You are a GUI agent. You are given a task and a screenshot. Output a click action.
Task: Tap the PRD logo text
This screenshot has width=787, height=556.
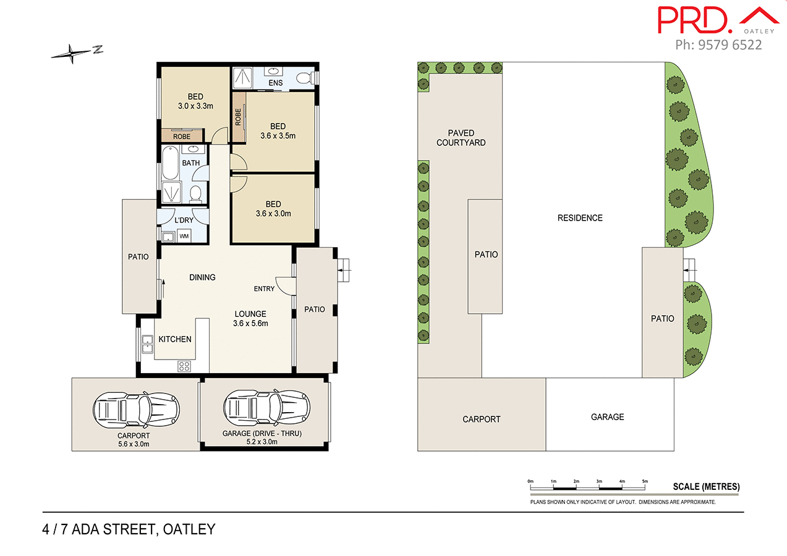pyautogui.click(x=691, y=20)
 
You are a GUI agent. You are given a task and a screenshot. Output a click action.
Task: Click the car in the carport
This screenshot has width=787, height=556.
pyautogui.click(x=137, y=408)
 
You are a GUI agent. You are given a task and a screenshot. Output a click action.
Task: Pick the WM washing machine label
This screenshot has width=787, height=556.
pyautogui.click(x=184, y=236)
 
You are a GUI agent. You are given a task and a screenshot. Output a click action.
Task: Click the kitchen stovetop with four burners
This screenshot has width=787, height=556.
pyautogui.click(x=184, y=365)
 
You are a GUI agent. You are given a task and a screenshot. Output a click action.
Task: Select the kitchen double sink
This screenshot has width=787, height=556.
pyautogui.click(x=148, y=343)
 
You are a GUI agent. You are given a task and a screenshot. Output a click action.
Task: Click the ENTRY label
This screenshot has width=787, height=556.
pyautogui.click(x=264, y=289)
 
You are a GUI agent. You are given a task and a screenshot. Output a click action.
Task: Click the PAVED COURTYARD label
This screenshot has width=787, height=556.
pyautogui.click(x=461, y=138)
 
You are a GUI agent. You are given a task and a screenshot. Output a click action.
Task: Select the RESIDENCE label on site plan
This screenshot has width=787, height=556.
pyautogui.click(x=580, y=217)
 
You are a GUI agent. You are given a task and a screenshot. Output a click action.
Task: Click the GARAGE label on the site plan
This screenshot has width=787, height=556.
pyautogui.click(x=607, y=417)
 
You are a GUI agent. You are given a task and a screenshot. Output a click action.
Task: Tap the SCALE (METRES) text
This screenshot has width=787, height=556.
pyautogui.click(x=706, y=487)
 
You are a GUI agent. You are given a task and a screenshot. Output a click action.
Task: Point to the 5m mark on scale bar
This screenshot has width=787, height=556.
pyautogui.click(x=645, y=481)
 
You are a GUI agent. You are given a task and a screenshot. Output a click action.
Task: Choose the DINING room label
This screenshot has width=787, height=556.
pyautogui.click(x=202, y=277)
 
